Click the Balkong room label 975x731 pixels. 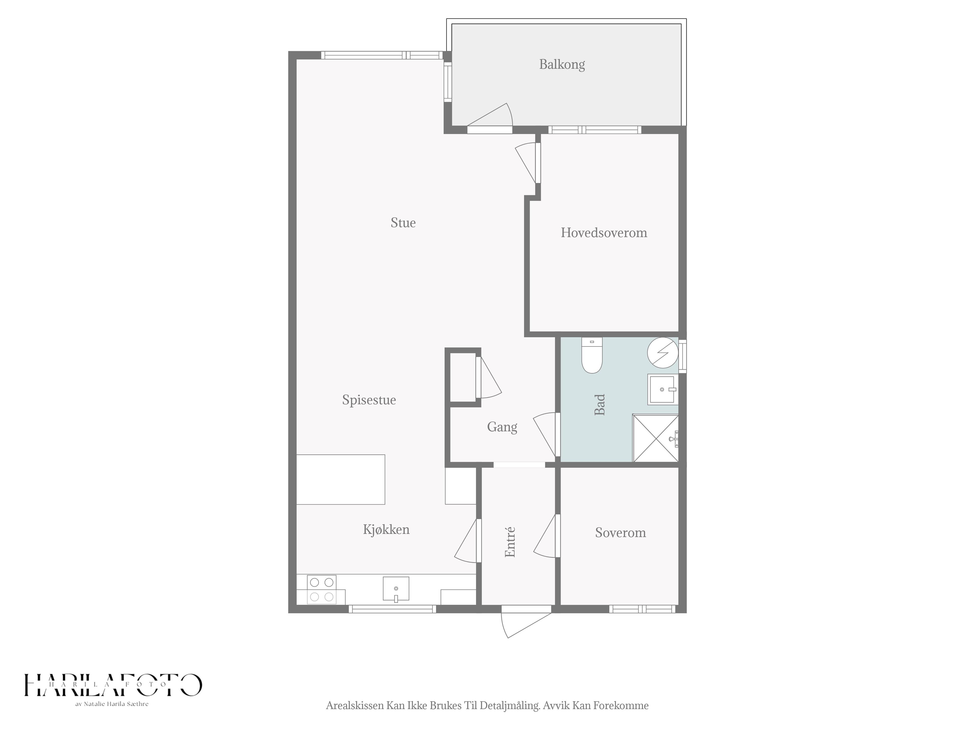pos(562,65)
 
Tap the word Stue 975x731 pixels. pos(403,223)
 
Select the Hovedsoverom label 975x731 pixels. pos(604,233)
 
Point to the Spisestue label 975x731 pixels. pos(369,400)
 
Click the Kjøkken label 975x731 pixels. pos(386,529)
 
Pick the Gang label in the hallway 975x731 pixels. pos(502,427)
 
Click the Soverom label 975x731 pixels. pos(621,533)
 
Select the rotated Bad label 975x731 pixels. pos(599,405)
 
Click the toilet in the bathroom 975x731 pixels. pos(592,355)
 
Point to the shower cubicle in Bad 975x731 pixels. pos(655,438)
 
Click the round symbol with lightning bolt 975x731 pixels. pos(662,353)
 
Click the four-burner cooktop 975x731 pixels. pos(321,590)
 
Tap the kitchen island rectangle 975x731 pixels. pos(340,479)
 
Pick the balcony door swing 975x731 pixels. pos(490,115)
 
